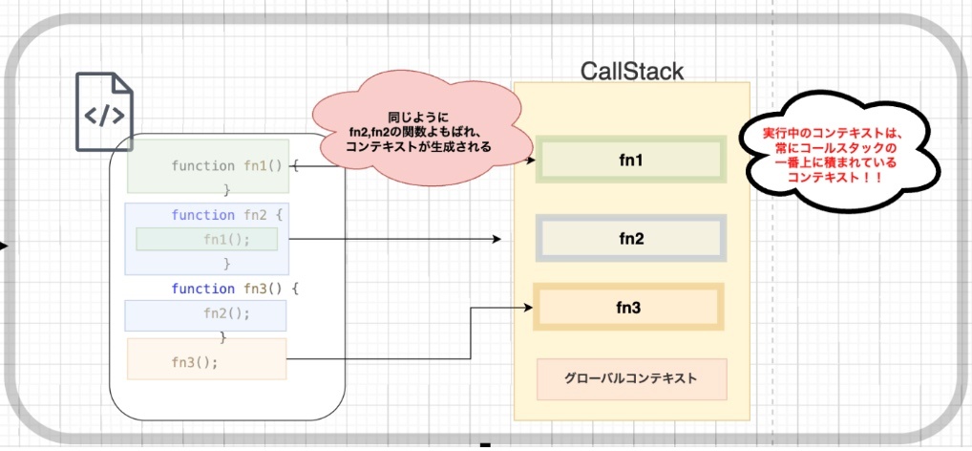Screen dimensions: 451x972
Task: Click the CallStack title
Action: pos(632,71)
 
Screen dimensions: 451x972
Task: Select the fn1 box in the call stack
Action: pos(631,159)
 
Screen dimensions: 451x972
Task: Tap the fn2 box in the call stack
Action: pos(631,238)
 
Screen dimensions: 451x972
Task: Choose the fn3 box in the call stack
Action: pos(628,308)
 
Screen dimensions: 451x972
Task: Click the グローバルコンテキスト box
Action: pos(631,378)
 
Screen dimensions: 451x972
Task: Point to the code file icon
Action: pos(104,112)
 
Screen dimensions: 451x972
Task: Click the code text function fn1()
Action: pos(227,166)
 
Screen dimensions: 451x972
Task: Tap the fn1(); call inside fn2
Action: pos(226,239)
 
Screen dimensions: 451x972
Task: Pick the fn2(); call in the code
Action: pos(226,312)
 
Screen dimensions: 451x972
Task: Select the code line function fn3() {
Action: pos(235,288)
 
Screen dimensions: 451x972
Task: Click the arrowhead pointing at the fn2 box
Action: pos(497,239)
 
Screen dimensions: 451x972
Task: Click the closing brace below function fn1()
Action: pos(226,190)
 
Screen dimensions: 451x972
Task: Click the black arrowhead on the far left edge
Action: pos(4,247)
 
